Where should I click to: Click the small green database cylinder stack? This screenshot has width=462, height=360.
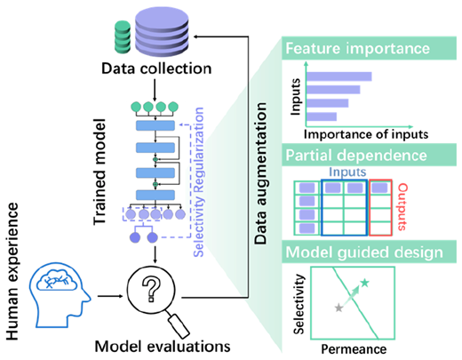[123, 37]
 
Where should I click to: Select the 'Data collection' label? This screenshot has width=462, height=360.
[156, 68]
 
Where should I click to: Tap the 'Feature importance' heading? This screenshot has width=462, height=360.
[357, 48]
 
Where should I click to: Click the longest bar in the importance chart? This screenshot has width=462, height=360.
[339, 76]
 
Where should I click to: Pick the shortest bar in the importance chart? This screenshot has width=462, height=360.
[322, 116]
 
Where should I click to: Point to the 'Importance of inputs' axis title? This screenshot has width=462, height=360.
[366, 134]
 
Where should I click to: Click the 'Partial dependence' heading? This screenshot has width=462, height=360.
[356, 156]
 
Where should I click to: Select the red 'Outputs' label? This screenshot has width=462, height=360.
[402, 207]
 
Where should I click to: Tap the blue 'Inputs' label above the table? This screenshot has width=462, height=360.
[347, 172]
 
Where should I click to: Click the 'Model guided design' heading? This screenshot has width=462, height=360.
[364, 252]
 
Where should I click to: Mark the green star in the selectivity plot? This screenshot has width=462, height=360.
[365, 283]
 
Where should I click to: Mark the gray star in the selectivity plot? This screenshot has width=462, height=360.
[339, 308]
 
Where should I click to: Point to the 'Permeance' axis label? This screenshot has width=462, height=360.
[354, 349]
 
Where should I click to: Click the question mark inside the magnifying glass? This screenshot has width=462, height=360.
[151, 289]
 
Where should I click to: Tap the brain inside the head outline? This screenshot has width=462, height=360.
[57, 280]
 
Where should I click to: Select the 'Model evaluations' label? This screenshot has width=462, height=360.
[163, 346]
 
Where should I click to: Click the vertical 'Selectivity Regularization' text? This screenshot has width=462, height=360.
[198, 182]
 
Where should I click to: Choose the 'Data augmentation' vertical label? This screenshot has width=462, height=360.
[260, 173]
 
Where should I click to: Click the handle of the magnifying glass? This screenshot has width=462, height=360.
[179, 325]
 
